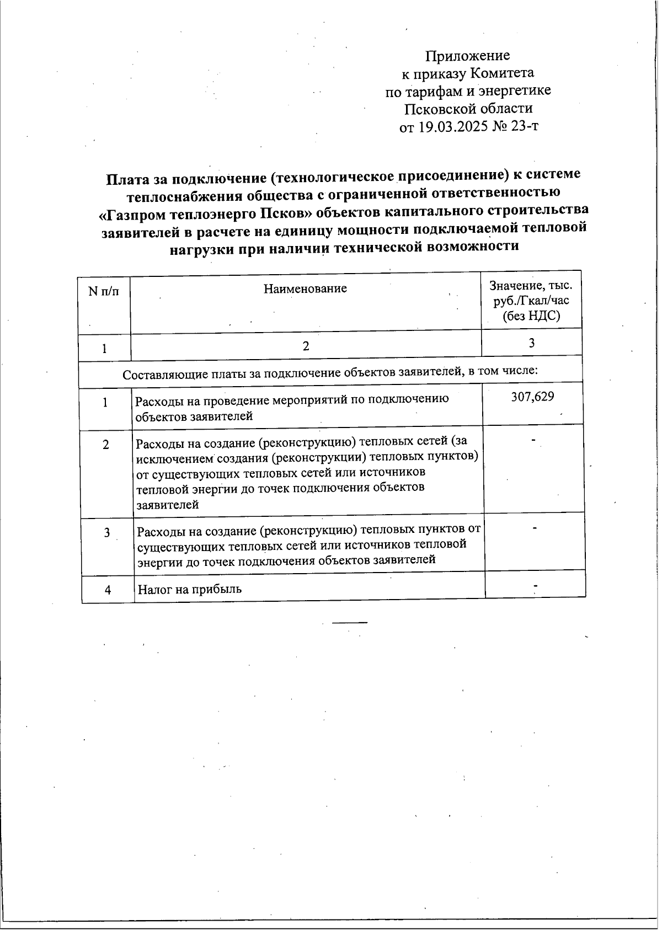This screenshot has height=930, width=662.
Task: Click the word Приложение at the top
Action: coord(467,56)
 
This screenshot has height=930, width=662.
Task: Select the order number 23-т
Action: coord(525,126)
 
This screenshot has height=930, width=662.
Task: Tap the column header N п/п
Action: coord(104,291)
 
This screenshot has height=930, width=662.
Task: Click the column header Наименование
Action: coord(305,288)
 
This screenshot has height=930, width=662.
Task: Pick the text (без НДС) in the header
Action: coord(531,316)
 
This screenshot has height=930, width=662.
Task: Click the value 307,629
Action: coord(532,397)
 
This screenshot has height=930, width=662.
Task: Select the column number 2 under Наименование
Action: coord(306,346)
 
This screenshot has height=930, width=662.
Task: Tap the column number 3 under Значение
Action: coord(531,343)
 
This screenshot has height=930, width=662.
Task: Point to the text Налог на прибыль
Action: coord(189,589)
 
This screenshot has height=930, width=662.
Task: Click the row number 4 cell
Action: coord(108,590)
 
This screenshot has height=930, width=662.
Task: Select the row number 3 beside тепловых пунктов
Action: coord(107,533)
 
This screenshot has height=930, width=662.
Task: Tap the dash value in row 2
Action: coord(533,440)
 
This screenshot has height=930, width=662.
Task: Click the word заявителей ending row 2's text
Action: coord(168,505)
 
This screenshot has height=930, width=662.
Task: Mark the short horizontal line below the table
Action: coord(349,622)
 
